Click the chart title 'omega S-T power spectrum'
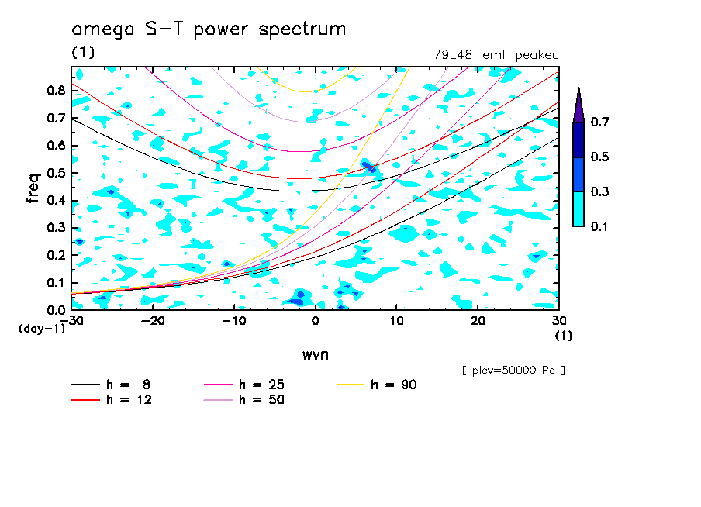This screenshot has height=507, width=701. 209,29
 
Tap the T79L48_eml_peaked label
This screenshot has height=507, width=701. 492,55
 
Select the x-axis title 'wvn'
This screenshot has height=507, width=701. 315,354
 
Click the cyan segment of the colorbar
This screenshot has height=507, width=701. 578,209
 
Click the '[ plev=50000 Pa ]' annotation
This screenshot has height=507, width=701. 513,371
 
